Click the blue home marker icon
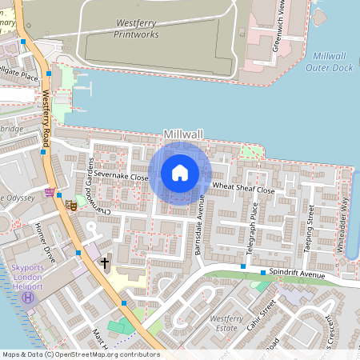tap(180, 173)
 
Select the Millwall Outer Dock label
tap(329, 62)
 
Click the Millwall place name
tap(184, 134)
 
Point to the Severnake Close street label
tap(121, 174)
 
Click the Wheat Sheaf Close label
tap(243, 190)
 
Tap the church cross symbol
tap(104, 263)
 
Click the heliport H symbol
tap(29, 298)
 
